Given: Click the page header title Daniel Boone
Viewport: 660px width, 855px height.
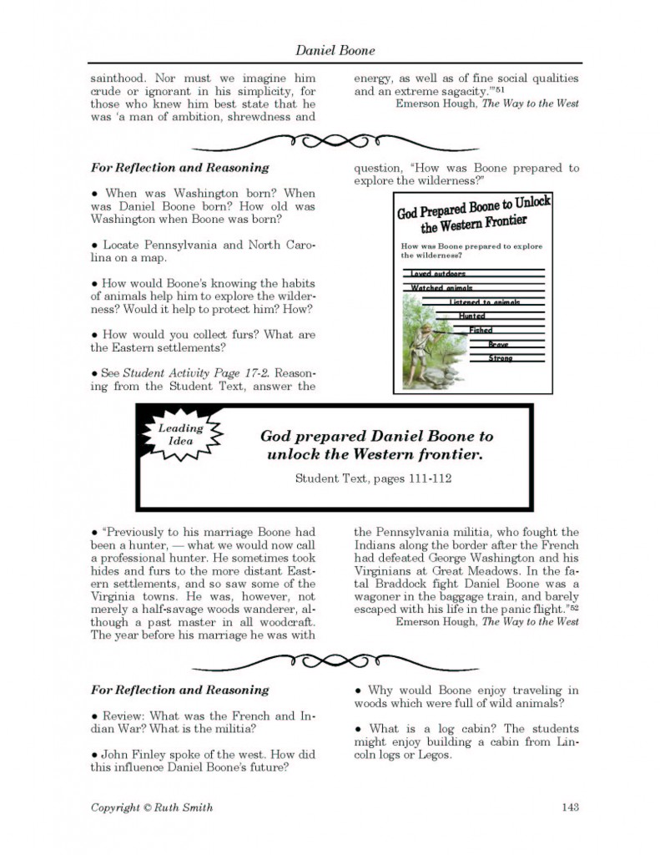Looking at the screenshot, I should point(335,51).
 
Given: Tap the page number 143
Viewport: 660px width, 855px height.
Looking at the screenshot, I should point(570,807).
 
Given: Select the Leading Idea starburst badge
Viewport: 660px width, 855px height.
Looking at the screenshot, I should point(180,434).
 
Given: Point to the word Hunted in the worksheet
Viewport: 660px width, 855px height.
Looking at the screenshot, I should point(471,316).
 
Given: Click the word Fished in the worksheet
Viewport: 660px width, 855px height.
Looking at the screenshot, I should point(481,331).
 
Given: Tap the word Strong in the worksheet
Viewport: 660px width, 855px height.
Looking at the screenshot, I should point(501,358).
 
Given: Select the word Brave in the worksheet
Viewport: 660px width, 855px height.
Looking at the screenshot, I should point(498,345).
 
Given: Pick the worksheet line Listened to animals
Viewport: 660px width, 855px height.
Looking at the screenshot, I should point(484,302).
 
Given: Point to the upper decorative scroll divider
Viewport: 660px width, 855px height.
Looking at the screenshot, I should point(334,140).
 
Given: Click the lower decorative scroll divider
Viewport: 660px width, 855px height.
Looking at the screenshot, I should point(334,663).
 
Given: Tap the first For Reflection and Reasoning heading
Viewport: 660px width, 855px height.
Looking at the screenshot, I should point(179,167).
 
